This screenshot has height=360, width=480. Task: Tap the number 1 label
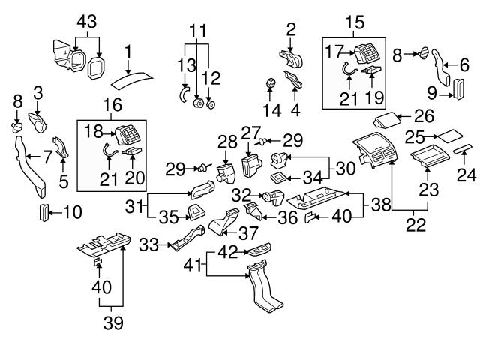tap(128, 52)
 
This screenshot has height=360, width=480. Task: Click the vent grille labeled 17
tap(368, 54)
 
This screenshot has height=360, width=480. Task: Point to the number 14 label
tap(272, 111)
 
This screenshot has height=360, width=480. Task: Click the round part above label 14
tap(272, 82)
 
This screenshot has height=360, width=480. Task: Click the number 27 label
tap(250, 132)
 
